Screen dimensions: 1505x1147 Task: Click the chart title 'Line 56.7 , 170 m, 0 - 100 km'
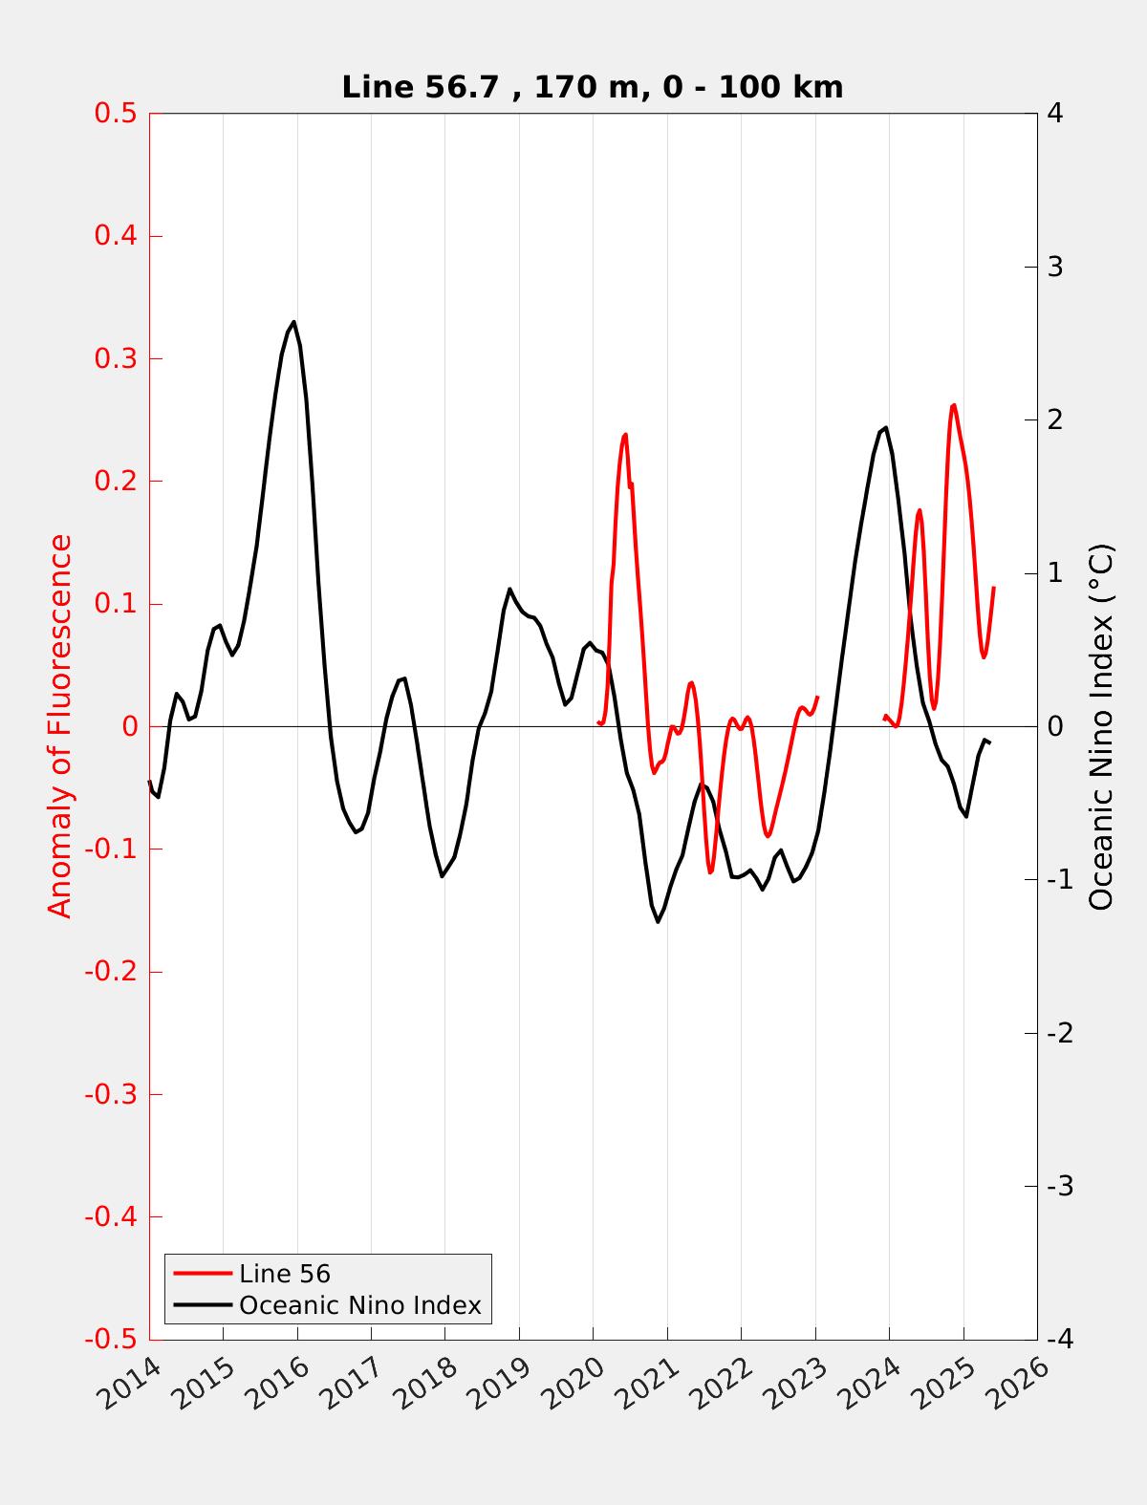click(x=592, y=87)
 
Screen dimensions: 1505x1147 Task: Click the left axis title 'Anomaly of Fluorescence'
click(x=60, y=726)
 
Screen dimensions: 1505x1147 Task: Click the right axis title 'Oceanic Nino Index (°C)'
click(x=1101, y=726)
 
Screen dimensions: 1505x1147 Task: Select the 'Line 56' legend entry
click(x=284, y=1274)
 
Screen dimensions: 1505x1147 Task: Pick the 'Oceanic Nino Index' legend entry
click(x=359, y=1305)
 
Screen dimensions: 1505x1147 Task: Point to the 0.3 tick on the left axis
click(x=115, y=358)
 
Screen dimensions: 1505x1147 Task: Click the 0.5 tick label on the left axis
click(x=115, y=113)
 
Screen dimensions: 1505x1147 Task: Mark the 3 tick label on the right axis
click(x=1056, y=267)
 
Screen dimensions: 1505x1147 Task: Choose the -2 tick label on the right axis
click(x=1060, y=1033)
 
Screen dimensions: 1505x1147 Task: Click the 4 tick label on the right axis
click(x=1056, y=113)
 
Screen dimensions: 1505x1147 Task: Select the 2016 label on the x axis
click(x=280, y=1383)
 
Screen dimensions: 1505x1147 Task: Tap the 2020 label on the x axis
click(x=576, y=1383)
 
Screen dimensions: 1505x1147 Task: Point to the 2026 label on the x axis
click(x=1021, y=1383)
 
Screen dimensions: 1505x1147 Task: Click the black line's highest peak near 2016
click(x=293, y=322)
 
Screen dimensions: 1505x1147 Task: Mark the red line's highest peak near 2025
click(x=953, y=405)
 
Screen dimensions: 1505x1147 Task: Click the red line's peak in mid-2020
click(x=625, y=435)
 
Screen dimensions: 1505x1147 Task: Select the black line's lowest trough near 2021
click(x=658, y=922)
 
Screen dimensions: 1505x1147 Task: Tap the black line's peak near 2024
click(x=886, y=427)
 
